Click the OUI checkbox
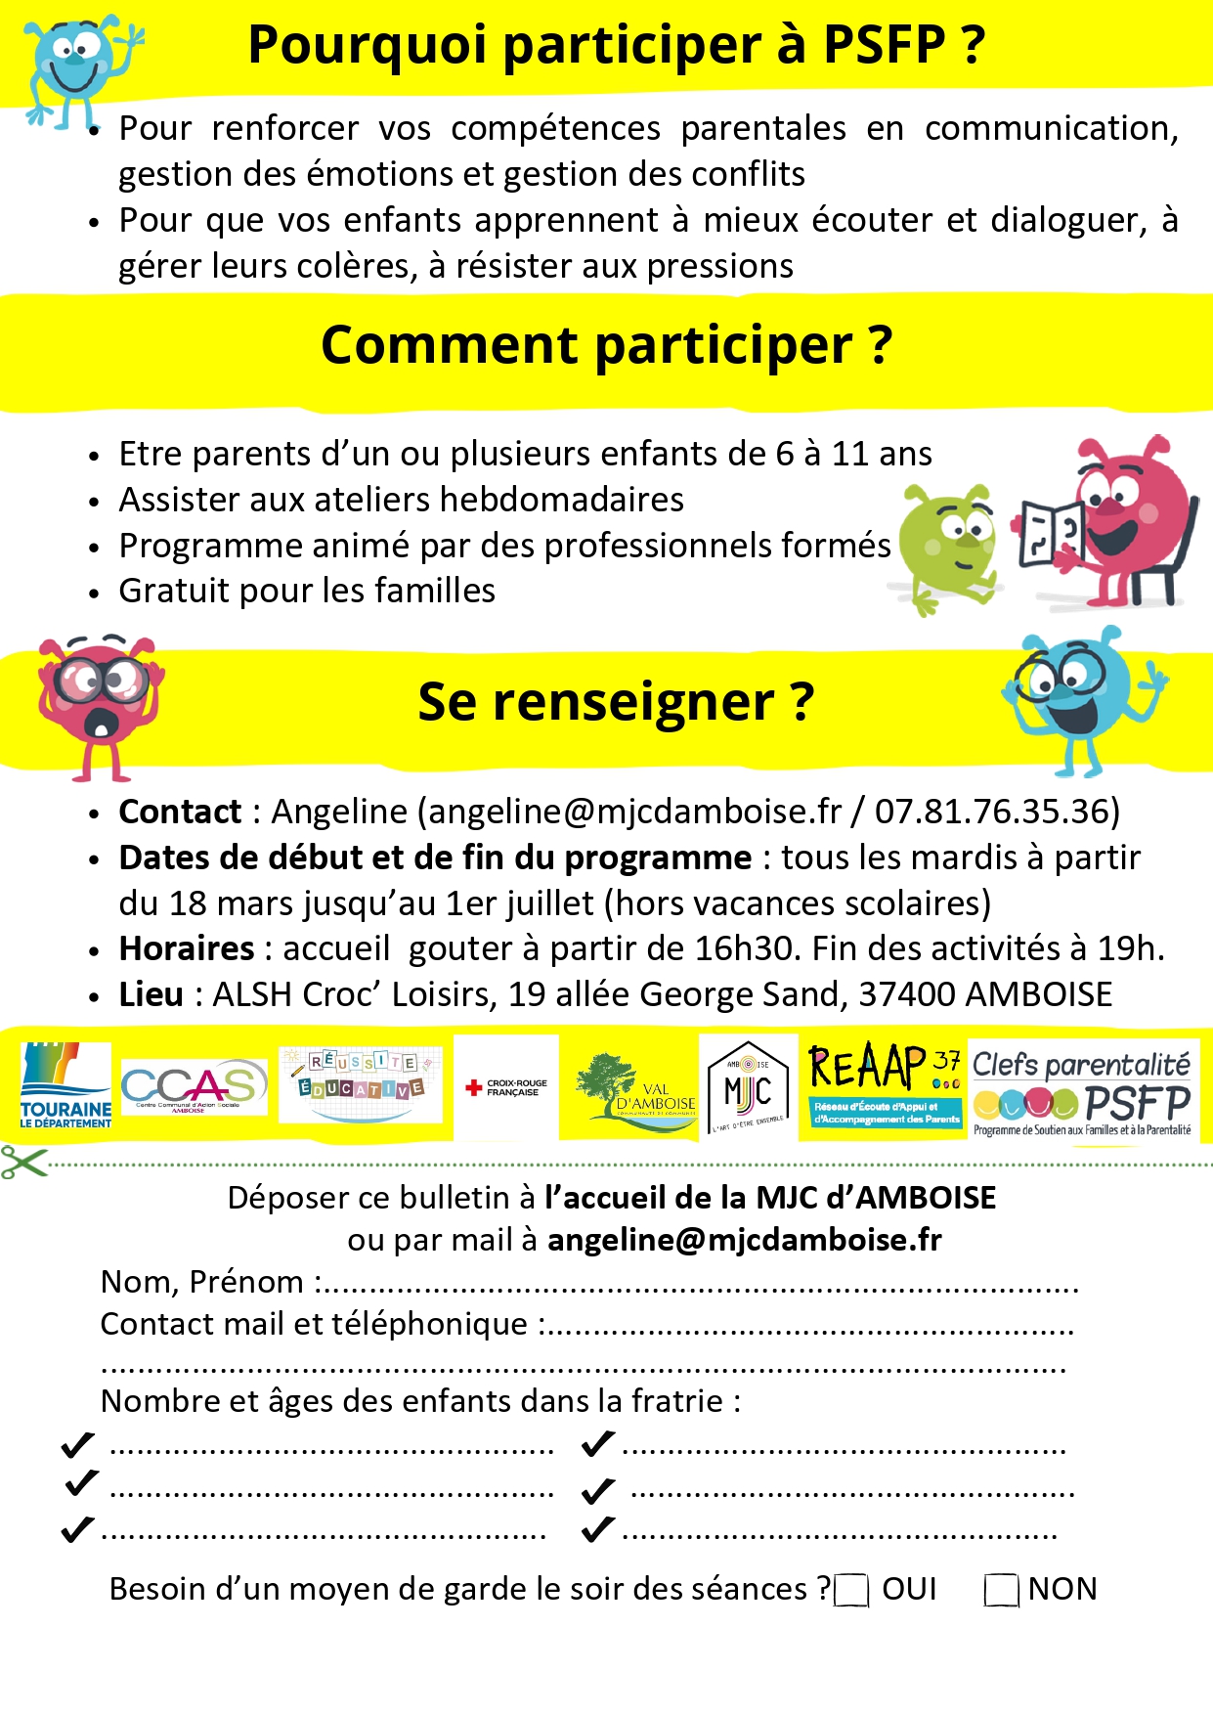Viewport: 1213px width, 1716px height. tap(851, 1591)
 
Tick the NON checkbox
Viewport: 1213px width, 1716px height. tap(1002, 1591)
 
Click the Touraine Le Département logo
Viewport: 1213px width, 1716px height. tap(65, 1085)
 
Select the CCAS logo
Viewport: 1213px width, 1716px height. tap(194, 1086)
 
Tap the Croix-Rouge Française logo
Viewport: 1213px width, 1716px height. tap(506, 1087)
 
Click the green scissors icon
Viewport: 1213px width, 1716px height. tap(23, 1163)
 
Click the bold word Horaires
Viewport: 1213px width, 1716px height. tap(187, 948)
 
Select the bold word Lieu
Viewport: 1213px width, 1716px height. tap(151, 994)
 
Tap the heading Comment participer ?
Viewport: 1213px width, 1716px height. tap(606, 345)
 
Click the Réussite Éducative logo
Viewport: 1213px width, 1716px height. tap(360, 1083)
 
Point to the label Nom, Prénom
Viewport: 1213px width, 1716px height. tap(202, 1282)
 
